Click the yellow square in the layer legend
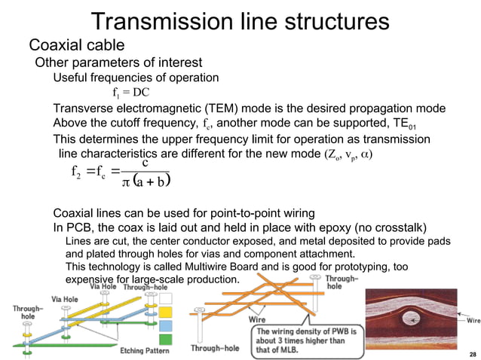tap(166, 310)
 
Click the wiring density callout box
tap(301, 337)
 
